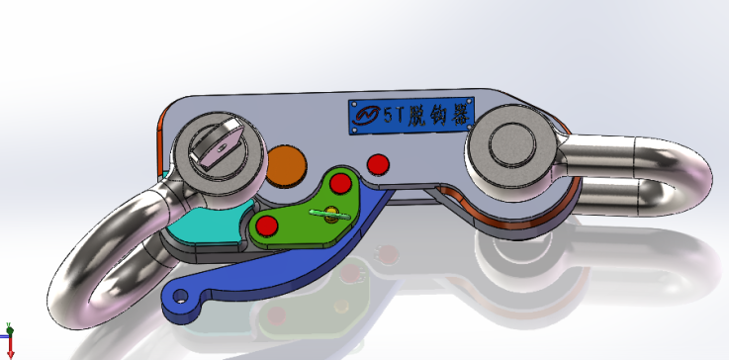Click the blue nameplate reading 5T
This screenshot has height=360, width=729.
410,114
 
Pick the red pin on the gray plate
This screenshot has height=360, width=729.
376,162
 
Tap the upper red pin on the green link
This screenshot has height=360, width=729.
341,184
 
